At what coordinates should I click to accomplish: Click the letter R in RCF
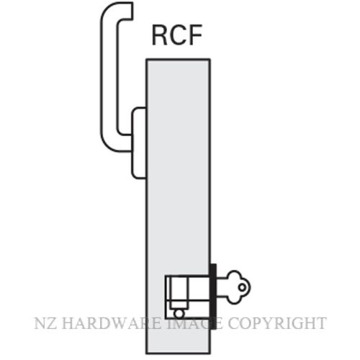[160, 35]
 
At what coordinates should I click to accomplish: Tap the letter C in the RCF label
[178, 35]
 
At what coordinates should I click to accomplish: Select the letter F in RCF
[195, 35]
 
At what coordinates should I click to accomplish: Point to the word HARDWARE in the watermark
[112, 323]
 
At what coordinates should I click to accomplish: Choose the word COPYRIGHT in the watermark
[277, 323]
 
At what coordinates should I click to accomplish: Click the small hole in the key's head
[243, 287]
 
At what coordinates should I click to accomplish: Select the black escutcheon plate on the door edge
[213, 297]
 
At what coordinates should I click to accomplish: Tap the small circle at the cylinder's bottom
[179, 314]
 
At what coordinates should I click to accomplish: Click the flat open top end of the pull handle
[132, 10]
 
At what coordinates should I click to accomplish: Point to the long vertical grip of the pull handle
[109, 79]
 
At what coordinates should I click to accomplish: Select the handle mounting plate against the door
[139, 143]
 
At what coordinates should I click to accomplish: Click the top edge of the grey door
[179, 59]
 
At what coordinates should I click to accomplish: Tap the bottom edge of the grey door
[179, 354]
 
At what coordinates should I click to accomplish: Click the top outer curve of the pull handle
[108, 9]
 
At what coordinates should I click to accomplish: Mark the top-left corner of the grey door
[146, 58]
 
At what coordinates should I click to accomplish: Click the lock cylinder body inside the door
[187, 297]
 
